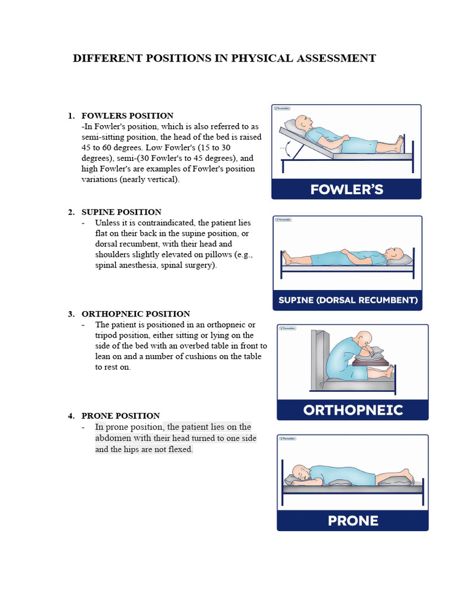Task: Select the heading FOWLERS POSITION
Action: pyautogui.click(x=127, y=116)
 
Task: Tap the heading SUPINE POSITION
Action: pyautogui.click(x=121, y=212)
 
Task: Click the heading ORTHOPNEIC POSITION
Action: pyautogui.click(x=135, y=314)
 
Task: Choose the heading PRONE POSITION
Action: pyautogui.click(x=120, y=416)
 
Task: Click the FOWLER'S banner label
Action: pyautogui.click(x=346, y=189)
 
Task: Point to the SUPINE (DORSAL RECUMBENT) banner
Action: pyautogui.click(x=347, y=300)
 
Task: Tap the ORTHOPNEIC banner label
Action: pyautogui.click(x=353, y=409)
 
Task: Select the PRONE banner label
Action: pyautogui.click(x=353, y=520)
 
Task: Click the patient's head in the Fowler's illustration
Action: pyautogui.click(x=303, y=123)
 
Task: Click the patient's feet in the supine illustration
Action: pyautogui.click(x=287, y=256)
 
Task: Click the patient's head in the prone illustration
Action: pyautogui.click(x=299, y=473)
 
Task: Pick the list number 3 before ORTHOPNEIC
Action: pyautogui.click(x=70, y=314)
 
